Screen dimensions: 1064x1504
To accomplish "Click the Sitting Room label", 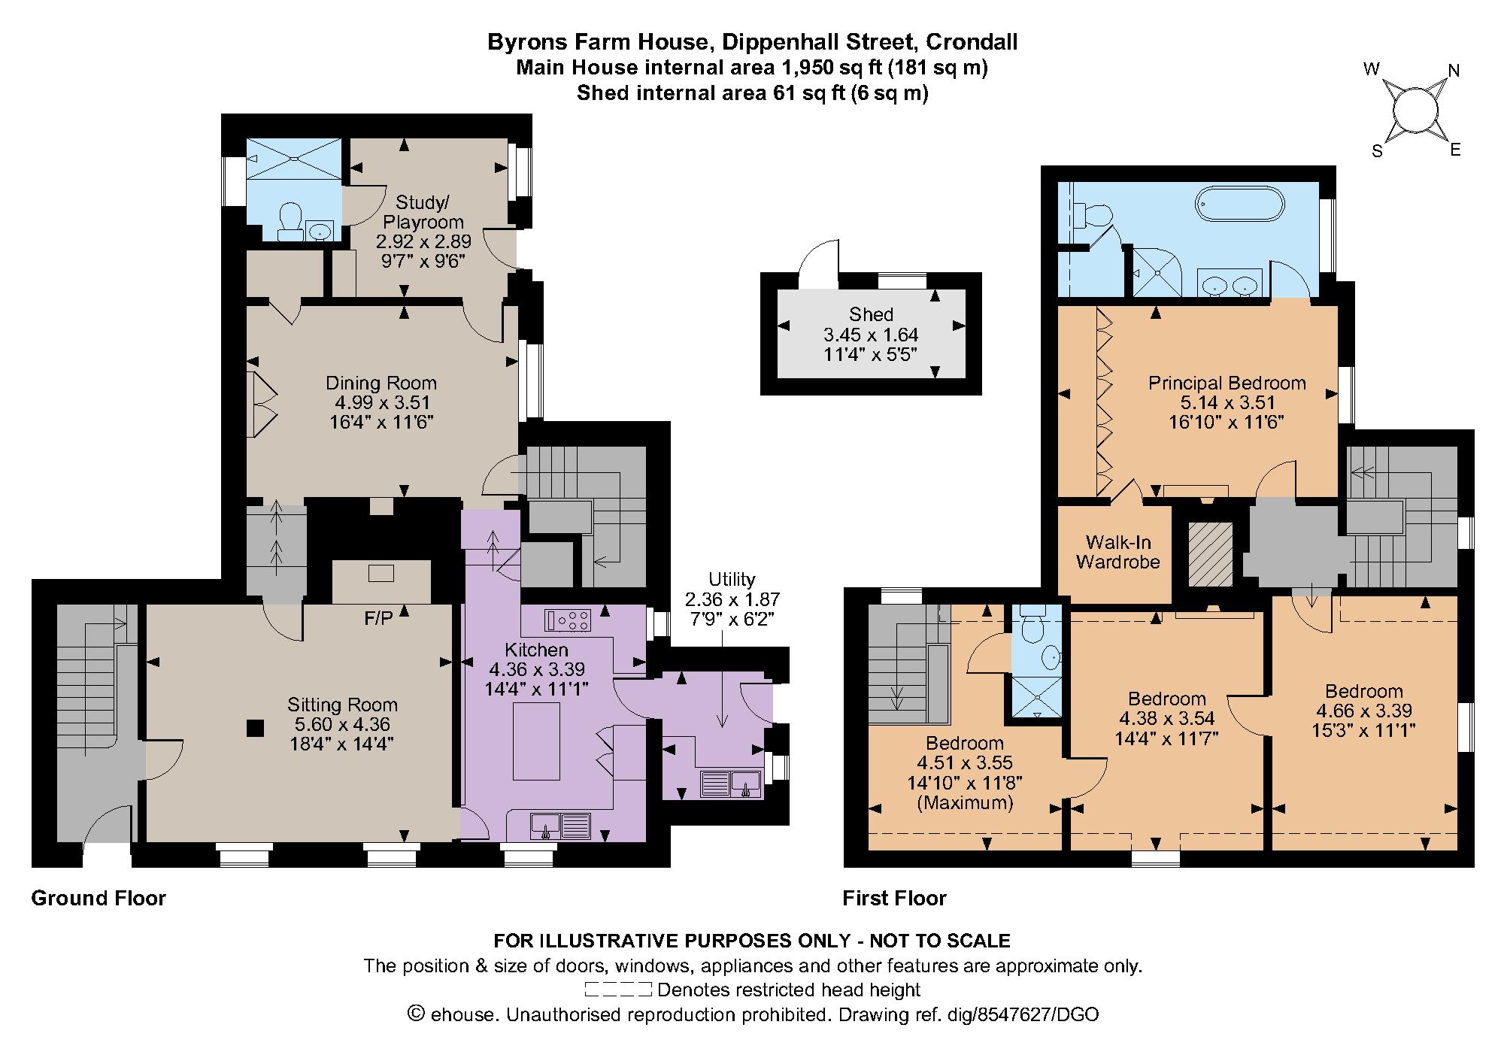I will pyautogui.click(x=342, y=705).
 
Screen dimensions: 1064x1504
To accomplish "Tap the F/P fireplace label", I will pyautogui.click(x=379, y=618).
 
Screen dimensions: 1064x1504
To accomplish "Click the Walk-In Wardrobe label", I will pyautogui.click(x=1117, y=552).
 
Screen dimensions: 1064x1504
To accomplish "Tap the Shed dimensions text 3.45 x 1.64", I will pyautogui.click(x=871, y=335).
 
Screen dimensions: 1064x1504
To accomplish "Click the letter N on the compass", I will pyautogui.click(x=1454, y=71).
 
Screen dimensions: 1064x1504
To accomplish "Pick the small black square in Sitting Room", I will pyautogui.click(x=256, y=727).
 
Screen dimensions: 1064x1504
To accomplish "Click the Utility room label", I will pyautogui.click(x=731, y=580).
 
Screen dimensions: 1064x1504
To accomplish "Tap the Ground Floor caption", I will pyautogui.click(x=99, y=898).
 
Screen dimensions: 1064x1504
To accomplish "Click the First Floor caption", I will pyautogui.click(x=894, y=898).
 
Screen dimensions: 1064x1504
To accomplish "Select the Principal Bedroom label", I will pyautogui.click(x=1227, y=383).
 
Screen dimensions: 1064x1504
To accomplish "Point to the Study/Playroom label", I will pyautogui.click(x=423, y=212).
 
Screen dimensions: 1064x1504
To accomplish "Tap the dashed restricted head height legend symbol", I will pyautogui.click(x=617, y=989).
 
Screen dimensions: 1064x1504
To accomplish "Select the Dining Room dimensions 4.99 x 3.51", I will pyautogui.click(x=381, y=403).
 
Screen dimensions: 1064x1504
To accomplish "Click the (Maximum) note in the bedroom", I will pyautogui.click(x=965, y=802).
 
